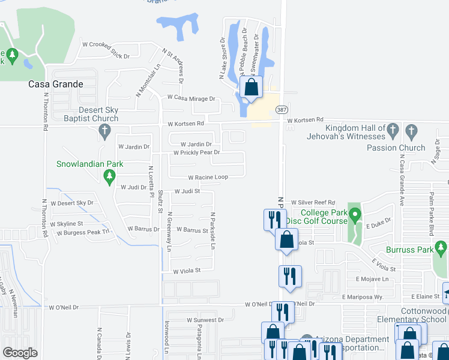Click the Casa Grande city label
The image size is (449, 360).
(x=56, y=84)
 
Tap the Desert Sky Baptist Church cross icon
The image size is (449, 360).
(x=104, y=131)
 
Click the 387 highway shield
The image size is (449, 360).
(x=282, y=110)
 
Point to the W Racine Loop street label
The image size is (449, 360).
(x=208, y=178)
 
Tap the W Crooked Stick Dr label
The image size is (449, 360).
(x=106, y=50)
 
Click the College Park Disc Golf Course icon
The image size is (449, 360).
(x=355, y=214)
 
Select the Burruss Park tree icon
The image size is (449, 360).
(x=441, y=247)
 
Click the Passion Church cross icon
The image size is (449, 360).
(x=411, y=130)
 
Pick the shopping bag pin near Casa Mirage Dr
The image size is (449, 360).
(x=252, y=87)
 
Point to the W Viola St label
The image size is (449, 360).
(x=186, y=271)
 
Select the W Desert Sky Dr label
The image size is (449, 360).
(x=72, y=203)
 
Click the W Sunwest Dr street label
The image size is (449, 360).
(x=205, y=320)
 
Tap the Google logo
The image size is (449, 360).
(x=20, y=353)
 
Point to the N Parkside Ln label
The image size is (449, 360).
(x=212, y=230)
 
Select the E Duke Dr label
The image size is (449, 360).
(x=378, y=220)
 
